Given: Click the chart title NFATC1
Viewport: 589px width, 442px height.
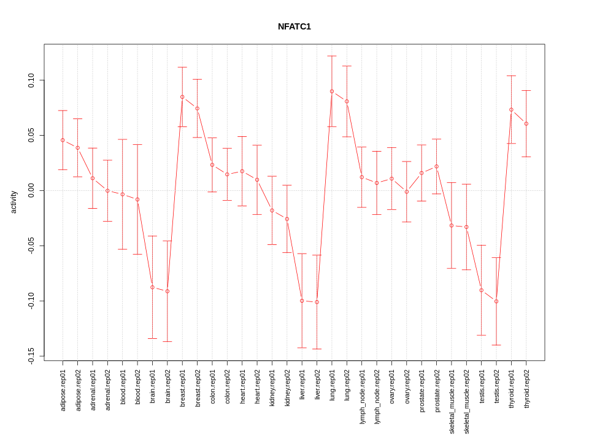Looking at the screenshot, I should tap(294, 26).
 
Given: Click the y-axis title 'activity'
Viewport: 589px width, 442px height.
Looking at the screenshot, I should tap(13, 202).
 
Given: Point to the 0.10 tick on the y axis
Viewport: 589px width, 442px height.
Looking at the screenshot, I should tap(31, 80).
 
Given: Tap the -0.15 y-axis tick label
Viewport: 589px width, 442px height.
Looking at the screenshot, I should tap(31, 356).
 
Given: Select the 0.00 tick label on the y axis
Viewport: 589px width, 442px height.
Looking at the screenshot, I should tap(31, 190).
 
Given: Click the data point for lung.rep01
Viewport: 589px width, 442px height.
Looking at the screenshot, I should tap(332, 91).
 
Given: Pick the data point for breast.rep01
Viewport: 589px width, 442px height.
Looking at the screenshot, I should tap(182, 97).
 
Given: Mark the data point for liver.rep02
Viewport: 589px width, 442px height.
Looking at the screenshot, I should tap(317, 302).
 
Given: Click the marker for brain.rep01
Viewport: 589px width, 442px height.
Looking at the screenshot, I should tap(152, 287).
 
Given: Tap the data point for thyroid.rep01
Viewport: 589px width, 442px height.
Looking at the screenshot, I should tap(511, 110).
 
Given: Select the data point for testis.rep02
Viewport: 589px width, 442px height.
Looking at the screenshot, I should tap(496, 301).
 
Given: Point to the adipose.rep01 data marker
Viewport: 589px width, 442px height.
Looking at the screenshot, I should tap(63, 140).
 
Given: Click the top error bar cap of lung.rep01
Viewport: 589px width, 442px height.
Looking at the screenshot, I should tap(332, 56).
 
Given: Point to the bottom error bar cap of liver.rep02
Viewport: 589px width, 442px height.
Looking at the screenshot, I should tap(317, 349).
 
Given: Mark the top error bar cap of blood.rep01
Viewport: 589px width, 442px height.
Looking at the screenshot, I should tap(123, 139).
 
